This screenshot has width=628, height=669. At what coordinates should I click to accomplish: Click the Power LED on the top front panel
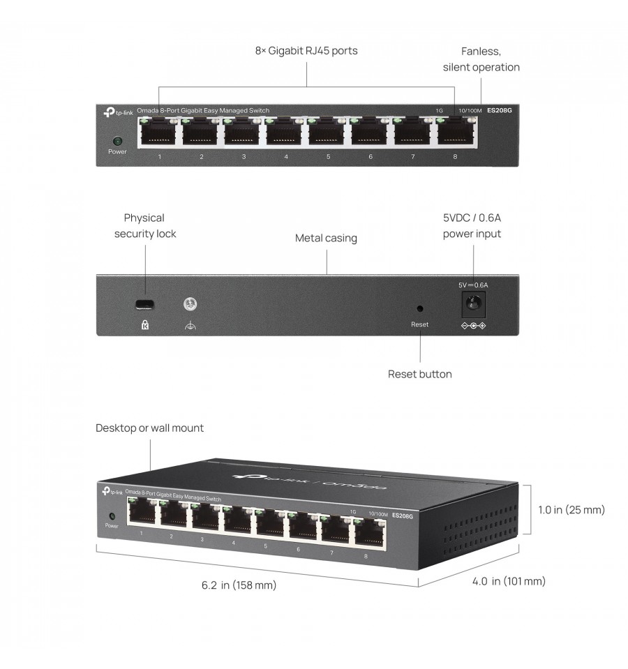click(x=117, y=140)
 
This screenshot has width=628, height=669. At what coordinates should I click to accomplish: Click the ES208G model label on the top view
click(x=498, y=110)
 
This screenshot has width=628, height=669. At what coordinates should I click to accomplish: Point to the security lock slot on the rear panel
click(x=145, y=304)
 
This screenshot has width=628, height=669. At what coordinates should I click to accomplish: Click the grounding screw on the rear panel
click(x=189, y=304)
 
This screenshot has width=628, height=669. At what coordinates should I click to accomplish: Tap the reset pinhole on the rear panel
click(x=419, y=307)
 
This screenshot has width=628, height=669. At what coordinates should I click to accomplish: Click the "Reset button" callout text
click(x=419, y=375)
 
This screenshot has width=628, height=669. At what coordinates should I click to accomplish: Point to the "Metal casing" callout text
click(x=326, y=239)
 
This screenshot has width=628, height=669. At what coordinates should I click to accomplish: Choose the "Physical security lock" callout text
click(x=145, y=226)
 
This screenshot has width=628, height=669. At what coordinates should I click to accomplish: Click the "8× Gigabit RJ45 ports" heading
click(x=306, y=51)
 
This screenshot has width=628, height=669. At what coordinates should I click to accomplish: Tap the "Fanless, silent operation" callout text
click(x=481, y=59)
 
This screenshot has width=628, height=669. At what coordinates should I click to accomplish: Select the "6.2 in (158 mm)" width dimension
click(x=239, y=585)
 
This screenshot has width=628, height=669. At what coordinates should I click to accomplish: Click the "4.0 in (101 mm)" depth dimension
click(x=509, y=581)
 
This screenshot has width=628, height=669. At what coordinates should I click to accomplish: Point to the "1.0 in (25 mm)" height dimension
click(x=571, y=510)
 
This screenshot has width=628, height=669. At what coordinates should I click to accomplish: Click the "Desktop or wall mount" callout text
click(x=149, y=428)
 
